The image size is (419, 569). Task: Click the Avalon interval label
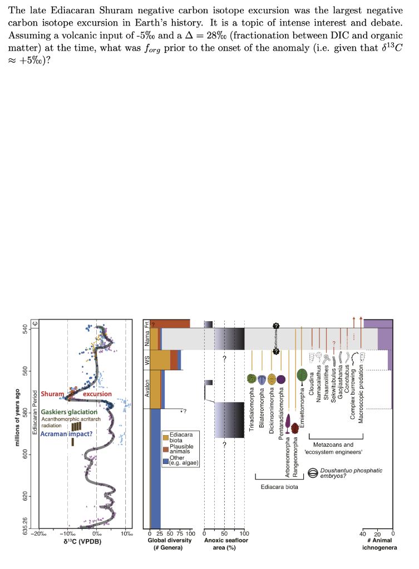(147, 387)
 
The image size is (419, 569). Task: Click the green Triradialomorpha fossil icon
(252, 378)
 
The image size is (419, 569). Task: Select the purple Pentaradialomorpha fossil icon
(281, 379)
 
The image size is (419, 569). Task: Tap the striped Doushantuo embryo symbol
(313, 473)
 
